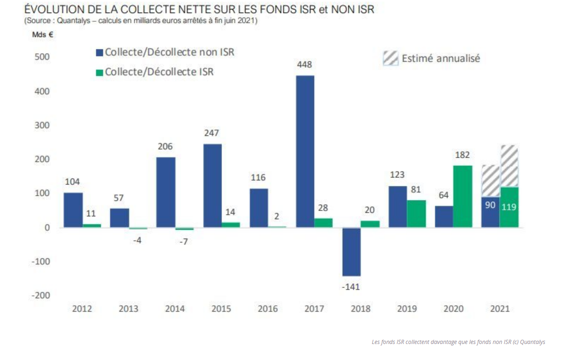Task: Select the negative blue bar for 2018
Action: [352, 252]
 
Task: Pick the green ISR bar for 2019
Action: [417, 214]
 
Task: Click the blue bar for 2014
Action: [166, 192]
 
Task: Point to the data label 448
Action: [305, 64]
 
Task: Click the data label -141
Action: [351, 287]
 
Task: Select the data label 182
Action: [462, 155]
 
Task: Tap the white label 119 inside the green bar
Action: [509, 207]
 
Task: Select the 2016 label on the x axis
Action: [267, 309]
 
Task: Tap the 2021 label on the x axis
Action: [500, 309]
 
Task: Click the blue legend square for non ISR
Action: [99, 53]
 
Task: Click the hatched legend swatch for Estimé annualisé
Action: [390, 58]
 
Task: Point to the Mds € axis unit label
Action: [42, 35]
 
